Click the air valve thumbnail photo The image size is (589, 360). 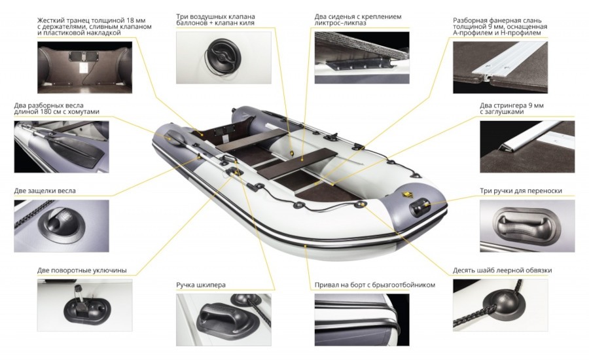pos(224,58)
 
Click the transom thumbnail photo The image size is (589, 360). pos(84,67)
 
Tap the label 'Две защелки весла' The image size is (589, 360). pos(45,190)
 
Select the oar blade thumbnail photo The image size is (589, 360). pos(62,147)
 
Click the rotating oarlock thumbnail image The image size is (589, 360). pos(84,305)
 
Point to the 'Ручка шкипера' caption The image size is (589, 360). pos(201,285)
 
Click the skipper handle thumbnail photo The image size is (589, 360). pos(224,320)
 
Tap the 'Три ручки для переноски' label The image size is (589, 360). pos(521,191)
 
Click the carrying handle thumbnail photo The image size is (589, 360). pos(527,226)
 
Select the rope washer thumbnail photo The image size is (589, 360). pos(501,305)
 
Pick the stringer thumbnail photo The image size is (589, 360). pos(527,147)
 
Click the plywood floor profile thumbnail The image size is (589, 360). pos(501,67)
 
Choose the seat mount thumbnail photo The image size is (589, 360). pos(362,58)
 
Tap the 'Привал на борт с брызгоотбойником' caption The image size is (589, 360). pos(375,285)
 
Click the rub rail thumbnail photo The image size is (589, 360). pos(362,320)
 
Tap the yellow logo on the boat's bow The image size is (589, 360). pos(406,194)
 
